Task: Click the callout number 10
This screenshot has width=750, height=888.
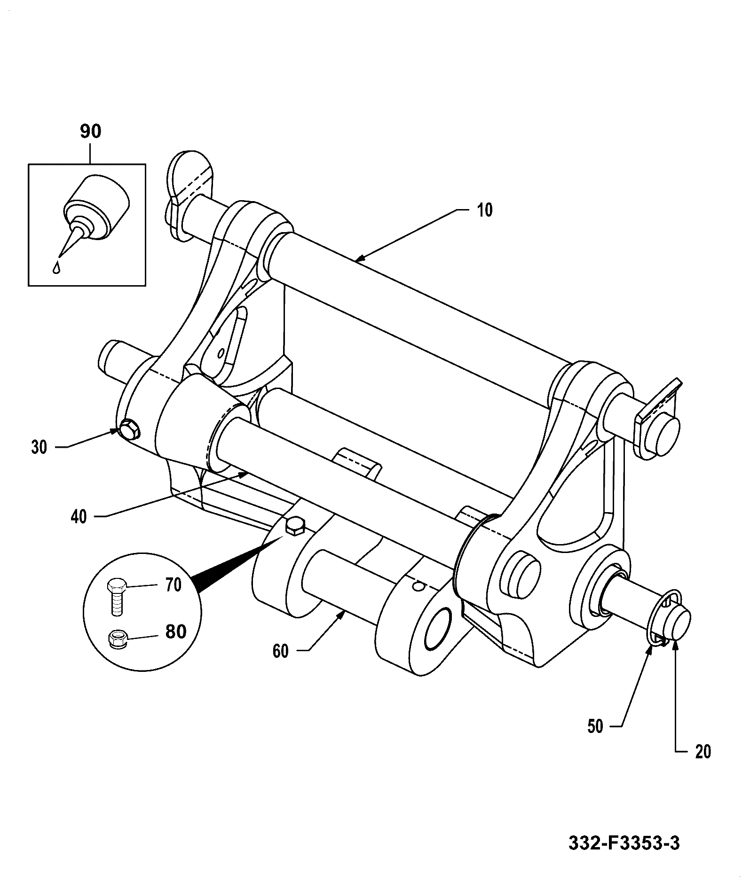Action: pos(485,210)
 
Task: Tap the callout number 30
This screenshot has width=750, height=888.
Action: pos(39,447)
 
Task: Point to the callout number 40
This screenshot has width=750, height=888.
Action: pos(79,517)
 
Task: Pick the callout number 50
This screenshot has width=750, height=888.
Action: pos(595,726)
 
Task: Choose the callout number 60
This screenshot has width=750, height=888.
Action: pos(281,652)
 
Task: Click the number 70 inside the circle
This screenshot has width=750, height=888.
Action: pos(173,585)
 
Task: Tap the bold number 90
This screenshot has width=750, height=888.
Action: pos(90,132)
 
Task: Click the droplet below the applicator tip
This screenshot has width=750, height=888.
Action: pos(56,268)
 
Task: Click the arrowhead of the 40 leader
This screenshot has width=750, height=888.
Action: pos(245,475)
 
